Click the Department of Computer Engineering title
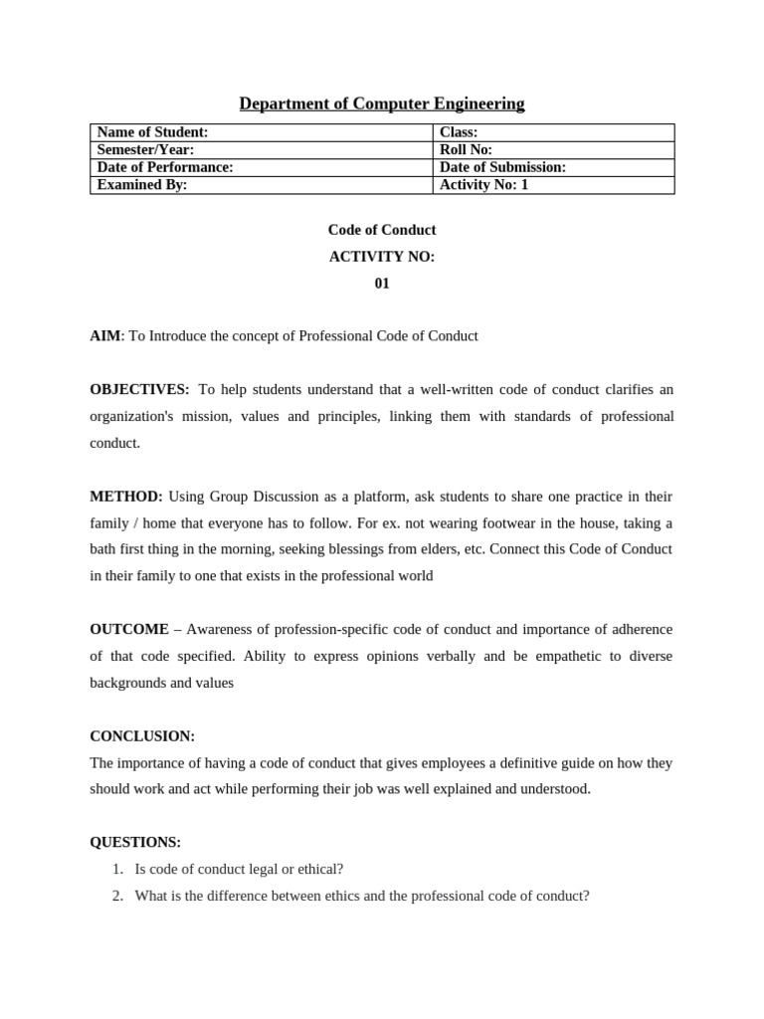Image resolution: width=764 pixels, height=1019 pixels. [x=382, y=103]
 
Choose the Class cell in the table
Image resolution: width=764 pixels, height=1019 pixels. [x=553, y=132]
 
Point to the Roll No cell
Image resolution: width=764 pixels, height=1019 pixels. [x=553, y=150]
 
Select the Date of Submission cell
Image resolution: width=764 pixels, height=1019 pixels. [x=553, y=167]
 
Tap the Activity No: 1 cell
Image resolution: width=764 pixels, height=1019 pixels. [x=553, y=185]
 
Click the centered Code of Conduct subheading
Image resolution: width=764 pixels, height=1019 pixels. [x=382, y=230]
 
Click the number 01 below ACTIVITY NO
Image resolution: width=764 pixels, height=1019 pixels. [x=382, y=284]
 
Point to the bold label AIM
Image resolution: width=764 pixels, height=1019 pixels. [x=104, y=336]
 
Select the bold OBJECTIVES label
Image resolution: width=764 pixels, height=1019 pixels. [x=138, y=389]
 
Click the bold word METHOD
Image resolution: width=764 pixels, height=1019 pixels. [x=125, y=497]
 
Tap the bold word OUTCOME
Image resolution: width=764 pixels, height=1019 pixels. [x=129, y=630]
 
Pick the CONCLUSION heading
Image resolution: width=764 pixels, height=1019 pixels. [x=142, y=736]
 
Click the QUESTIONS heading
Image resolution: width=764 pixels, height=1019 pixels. [x=135, y=843]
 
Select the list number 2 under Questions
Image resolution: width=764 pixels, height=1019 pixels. [x=117, y=897]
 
